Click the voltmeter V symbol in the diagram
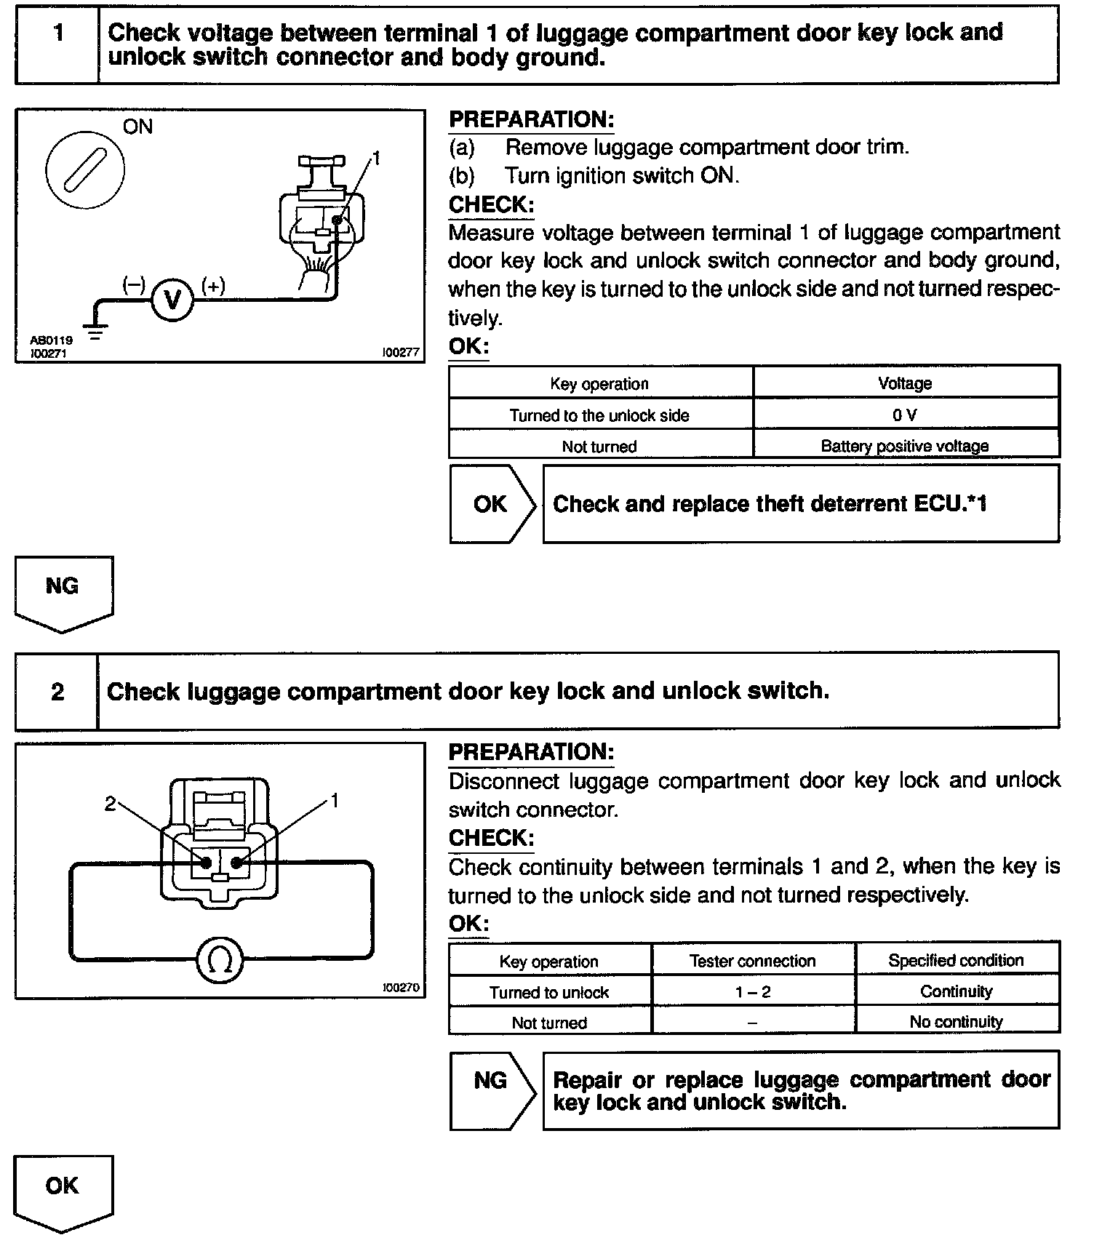[x=172, y=300]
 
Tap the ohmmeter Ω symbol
[x=220, y=961]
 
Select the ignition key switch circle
[x=85, y=169]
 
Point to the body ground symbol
[x=95, y=332]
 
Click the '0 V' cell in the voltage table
[x=905, y=415]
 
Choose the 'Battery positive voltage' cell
[x=905, y=446]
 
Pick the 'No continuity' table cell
[x=956, y=1022]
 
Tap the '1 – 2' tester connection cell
[x=752, y=992]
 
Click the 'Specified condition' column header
[x=956, y=960]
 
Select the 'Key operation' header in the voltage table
[x=599, y=383]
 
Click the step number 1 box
[x=58, y=33]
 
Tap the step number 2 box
[x=57, y=691]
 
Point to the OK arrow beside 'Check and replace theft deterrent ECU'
[x=492, y=504]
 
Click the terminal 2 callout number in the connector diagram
[x=110, y=803]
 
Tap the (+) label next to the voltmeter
[x=213, y=286]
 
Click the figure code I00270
[x=401, y=988]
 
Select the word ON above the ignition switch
[x=137, y=127]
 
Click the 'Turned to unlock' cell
[x=549, y=992]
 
